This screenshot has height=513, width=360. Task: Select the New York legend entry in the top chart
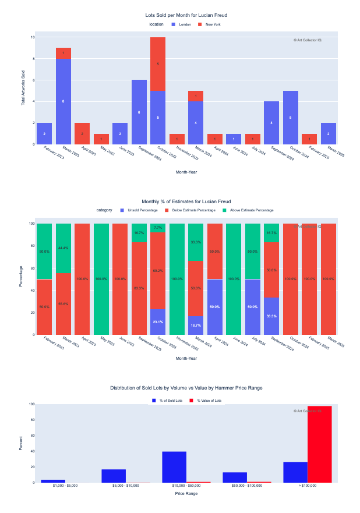213,24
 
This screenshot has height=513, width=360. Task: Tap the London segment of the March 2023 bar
63,101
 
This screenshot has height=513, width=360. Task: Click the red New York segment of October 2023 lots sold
158,63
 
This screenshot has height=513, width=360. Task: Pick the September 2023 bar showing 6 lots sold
139,112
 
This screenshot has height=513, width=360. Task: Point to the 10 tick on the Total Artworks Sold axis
33,37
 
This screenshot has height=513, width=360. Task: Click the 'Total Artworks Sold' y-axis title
23,88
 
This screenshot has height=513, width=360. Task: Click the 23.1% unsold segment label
158,322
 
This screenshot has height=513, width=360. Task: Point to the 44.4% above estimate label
63,248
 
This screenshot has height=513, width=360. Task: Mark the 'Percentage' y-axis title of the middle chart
21,277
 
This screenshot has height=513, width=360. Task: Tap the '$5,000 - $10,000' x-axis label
126,486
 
